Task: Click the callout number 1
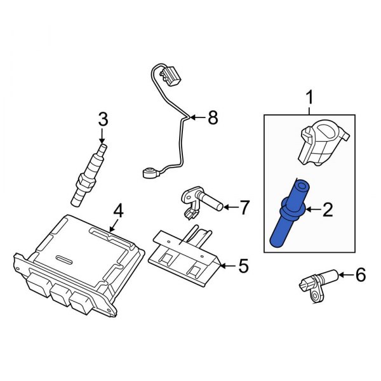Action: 310,98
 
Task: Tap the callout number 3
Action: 102,118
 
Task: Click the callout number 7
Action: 244,206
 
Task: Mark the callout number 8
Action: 212,117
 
